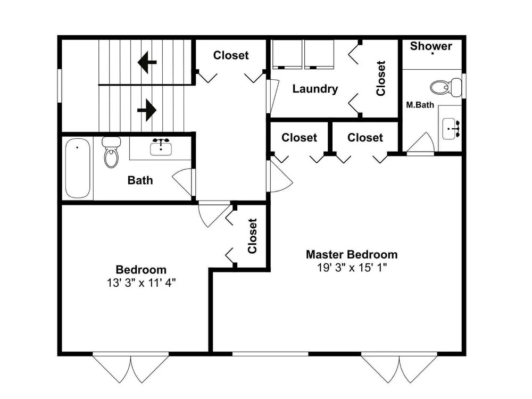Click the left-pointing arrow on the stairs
click(x=147, y=62)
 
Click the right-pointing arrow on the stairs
click(x=147, y=110)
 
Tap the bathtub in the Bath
click(x=78, y=168)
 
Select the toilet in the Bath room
click(x=111, y=152)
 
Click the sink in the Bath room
click(x=161, y=147)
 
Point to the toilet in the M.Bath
click(x=446, y=87)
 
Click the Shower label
click(x=431, y=46)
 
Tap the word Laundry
click(x=315, y=89)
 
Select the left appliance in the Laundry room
click(x=287, y=54)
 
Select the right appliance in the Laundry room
click(x=319, y=54)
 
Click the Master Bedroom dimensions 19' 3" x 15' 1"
click(x=352, y=268)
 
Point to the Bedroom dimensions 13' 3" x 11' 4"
click(x=141, y=282)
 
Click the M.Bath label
click(x=420, y=105)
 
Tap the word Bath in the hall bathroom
click(x=140, y=180)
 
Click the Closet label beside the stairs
click(x=231, y=55)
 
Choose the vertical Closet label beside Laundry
click(x=381, y=78)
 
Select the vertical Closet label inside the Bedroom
click(x=252, y=236)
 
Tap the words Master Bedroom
click(x=352, y=254)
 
